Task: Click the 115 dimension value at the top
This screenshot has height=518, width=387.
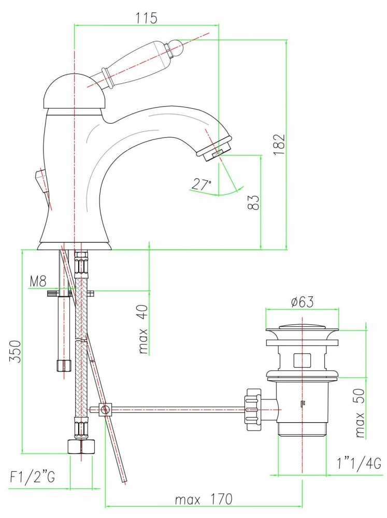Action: pos(147,18)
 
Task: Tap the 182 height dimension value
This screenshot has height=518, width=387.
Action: pos(279,144)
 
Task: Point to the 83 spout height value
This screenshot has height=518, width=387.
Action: pos(254,202)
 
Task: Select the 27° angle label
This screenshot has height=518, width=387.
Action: pos(202,184)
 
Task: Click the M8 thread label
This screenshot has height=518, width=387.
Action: pos(38,281)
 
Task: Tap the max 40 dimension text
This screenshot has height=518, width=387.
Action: pos(144,329)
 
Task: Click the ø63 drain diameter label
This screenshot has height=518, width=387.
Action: pos(302,301)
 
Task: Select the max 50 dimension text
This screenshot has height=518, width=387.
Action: pos(360,413)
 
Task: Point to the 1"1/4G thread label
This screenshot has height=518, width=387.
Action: pos(359,464)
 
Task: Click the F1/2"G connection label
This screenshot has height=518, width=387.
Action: pos(33,477)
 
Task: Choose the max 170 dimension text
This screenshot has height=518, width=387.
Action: pos(204,499)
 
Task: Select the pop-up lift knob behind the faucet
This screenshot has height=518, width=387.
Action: pos(41,180)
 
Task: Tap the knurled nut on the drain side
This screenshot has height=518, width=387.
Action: pos(253,409)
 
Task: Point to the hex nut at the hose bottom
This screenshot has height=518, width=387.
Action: pos(81,446)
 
